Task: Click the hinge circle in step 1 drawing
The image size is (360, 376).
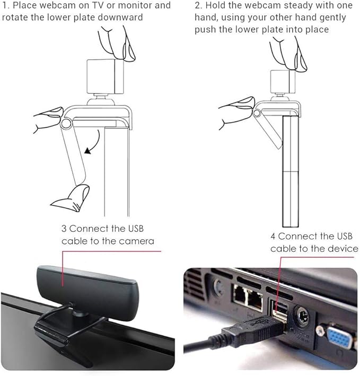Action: coord(66,124)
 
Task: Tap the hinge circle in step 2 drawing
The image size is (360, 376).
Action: coord(257,113)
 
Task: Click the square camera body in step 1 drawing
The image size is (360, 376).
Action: coord(105,76)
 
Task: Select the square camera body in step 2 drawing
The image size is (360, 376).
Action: coord(283,82)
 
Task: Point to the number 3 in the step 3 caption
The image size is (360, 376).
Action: coord(64,229)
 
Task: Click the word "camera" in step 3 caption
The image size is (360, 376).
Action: coord(136,241)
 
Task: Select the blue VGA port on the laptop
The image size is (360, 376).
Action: coord(339,338)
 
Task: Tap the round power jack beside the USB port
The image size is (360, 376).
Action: coord(303,316)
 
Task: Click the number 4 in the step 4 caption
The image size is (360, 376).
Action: coord(273,236)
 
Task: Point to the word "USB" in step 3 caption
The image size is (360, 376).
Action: coord(136,229)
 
